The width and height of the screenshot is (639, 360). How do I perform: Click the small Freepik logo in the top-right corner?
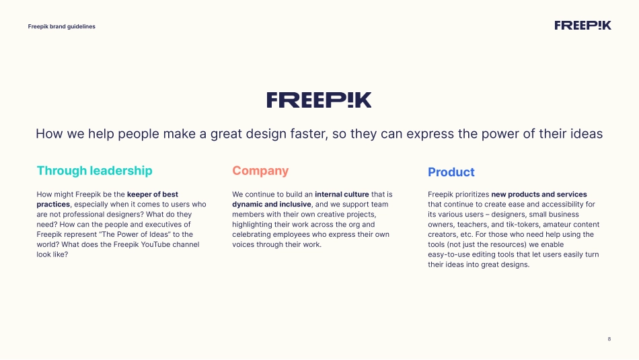tap(582, 26)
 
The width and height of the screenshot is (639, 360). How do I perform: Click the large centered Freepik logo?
tap(319, 100)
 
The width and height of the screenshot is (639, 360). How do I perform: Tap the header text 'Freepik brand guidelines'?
tap(61, 26)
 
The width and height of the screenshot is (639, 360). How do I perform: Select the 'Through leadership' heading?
tap(95, 170)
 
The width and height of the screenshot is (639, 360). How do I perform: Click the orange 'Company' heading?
tap(260, 170)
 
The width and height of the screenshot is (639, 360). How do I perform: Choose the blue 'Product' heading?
tap(451, 172)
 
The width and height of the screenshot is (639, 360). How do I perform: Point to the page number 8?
tap(609, 338)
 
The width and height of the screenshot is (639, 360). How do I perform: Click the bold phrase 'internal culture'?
tap(342, 194)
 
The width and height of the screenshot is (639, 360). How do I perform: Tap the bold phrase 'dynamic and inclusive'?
tap(272, 205)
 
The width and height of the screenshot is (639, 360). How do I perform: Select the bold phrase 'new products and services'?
tap(539, 194)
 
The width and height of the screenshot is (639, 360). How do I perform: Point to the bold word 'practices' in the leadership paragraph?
tap(53, 205)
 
